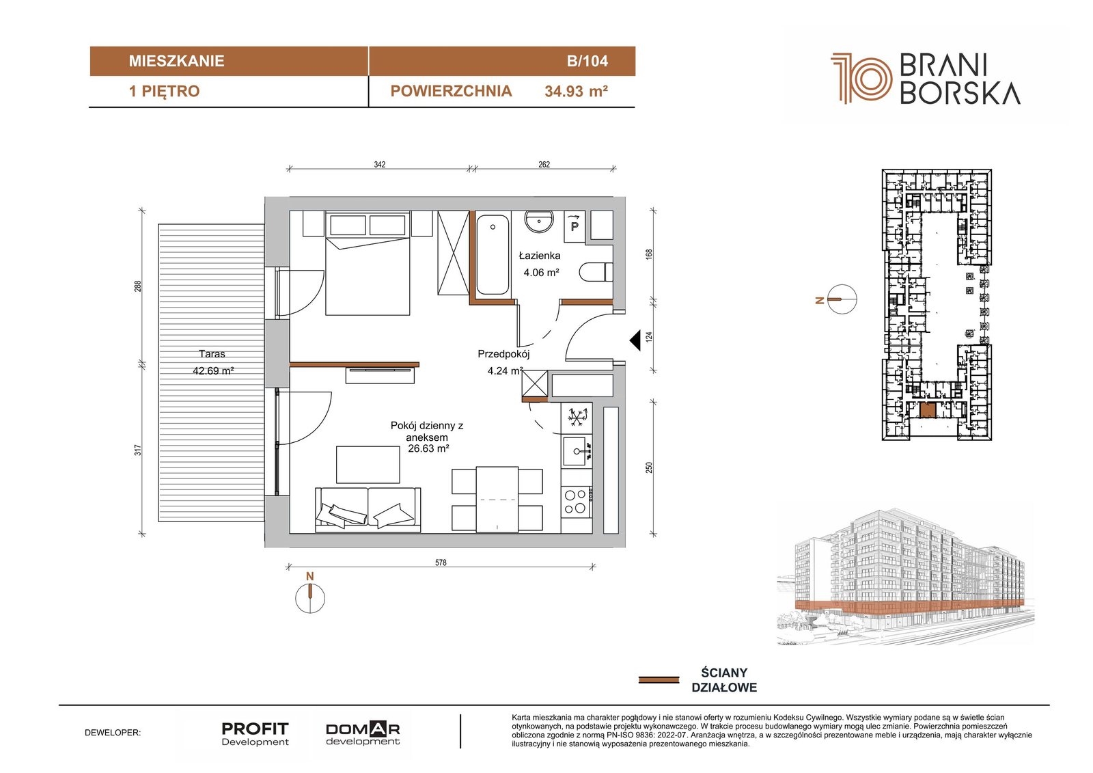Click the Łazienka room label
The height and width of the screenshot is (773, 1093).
(539, 256)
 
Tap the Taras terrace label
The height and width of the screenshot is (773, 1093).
(212, 353)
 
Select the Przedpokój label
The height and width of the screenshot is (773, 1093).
(503, 354)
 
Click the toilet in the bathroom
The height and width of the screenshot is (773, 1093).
(596, 272)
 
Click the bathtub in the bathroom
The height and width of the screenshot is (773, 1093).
(493, 254)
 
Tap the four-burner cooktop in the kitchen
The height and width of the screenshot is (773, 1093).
(577, 502)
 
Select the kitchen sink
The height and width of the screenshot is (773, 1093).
(577, 451)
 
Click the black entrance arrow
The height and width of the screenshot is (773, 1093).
(635, 340)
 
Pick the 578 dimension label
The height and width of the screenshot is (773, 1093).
(441, 562)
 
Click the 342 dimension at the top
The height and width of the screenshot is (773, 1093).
(380, 165)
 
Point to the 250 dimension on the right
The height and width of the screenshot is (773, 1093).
(649, 467)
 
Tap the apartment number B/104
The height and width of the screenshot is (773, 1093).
(587, 61)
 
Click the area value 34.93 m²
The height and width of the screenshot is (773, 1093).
(577, 92)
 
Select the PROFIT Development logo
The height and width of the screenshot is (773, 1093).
(255, 734)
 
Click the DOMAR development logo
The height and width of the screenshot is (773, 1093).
(363, 734)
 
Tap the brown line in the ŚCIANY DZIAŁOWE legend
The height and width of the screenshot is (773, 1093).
(659, 680)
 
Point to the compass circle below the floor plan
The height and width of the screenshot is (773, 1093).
(310, 598)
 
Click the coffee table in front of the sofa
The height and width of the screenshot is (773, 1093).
(368, 464)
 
